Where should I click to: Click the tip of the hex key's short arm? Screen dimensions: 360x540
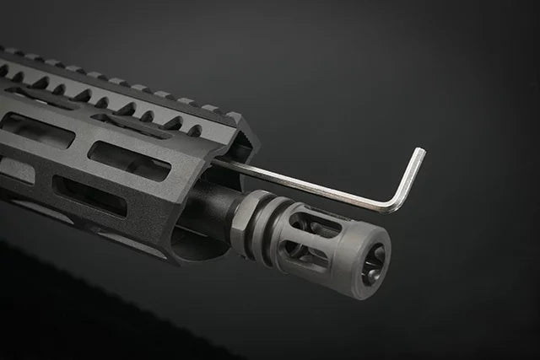(x=419, y=152)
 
